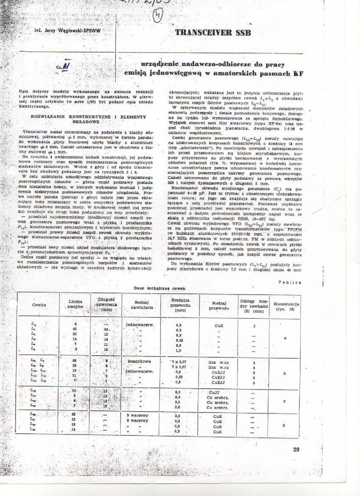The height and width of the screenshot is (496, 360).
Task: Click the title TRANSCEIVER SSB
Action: pyautogui.click(x=213, y=33)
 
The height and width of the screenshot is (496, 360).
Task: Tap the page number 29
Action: pyautogui.click(x=296, y=450)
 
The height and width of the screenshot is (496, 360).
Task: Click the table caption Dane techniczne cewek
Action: pyautogui.click(x=160, y=288)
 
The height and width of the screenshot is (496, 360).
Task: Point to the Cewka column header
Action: pyautogui.click(x=39, y=305)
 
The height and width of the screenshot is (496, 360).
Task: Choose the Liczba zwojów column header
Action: pyautogui.click(x=75, y=304)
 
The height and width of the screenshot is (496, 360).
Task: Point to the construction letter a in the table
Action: pyautogui.click(x=285, y=338)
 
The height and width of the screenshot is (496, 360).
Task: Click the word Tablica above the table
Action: pyautogui.click(x=290, y=282)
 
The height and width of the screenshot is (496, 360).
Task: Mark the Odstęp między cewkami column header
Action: pyautogui.click(x=252, y=304)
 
